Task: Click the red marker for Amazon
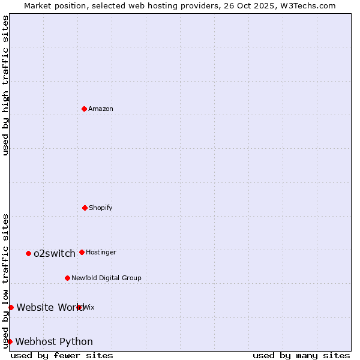click(84, 109)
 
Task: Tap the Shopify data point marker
click(85, 208)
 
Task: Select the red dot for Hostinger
click(82, 252)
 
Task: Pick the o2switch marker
click(28, 253)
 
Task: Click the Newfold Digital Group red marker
click(67, 278)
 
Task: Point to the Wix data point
click(79, 307)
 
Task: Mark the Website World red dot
click(11, 307)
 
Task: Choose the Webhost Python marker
click(10, 341)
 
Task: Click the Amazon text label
click(101, 109)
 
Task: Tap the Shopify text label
click(101, 208)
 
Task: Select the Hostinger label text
click(101, 253)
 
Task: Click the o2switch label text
click(55, 254)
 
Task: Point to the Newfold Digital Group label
click(106, 278)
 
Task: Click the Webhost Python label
click(54, 342)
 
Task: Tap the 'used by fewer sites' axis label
click(62, 355)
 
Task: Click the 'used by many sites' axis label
click(301, 355)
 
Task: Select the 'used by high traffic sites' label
click(5, 85)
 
